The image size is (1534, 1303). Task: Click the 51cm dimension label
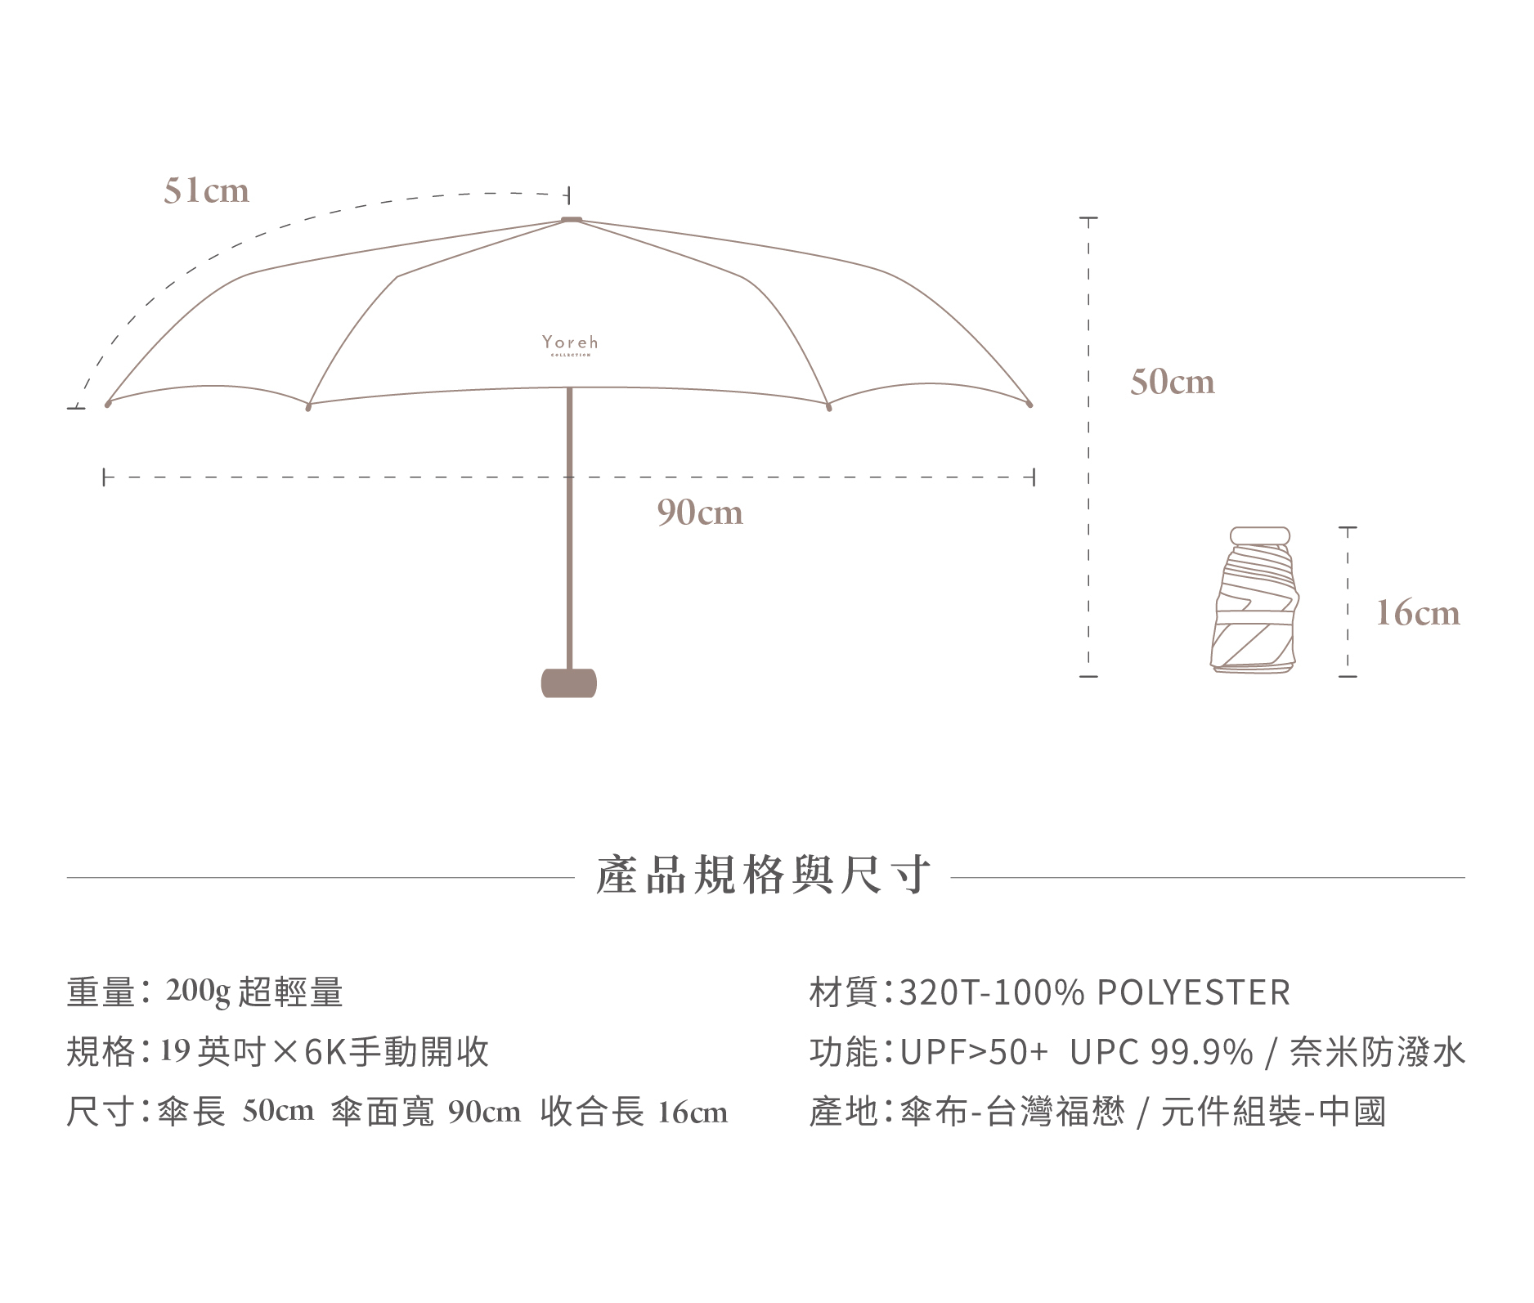[x=206, y=190]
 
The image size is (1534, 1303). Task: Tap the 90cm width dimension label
[x=700, y=513]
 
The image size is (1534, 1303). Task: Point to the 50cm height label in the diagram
[x=1172, y=382]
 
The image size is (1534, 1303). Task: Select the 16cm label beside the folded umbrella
[x=1417, y=613]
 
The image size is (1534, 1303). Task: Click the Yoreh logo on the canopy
[x=570, y=343]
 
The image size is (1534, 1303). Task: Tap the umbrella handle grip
[x=569, y=683]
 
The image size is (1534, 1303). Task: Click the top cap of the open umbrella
[x=571, y=219]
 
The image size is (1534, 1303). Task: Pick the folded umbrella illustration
[x=1256, y=601]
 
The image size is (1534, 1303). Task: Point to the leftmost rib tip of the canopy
[x=108, y=403]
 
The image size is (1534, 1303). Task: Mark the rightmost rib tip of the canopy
[x=1029, y=404]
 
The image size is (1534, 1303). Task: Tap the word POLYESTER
[x=1193, y=992]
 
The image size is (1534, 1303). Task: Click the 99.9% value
[x=1201, y=1053]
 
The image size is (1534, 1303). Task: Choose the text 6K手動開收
[x=397, y=1052]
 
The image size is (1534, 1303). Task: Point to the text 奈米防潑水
[x=1377, y=1053]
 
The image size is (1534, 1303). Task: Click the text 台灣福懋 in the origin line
[x=1056, y=1113]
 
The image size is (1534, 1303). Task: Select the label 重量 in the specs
[x=100, y=992]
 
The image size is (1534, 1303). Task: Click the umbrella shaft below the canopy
[x=569, y=531]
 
